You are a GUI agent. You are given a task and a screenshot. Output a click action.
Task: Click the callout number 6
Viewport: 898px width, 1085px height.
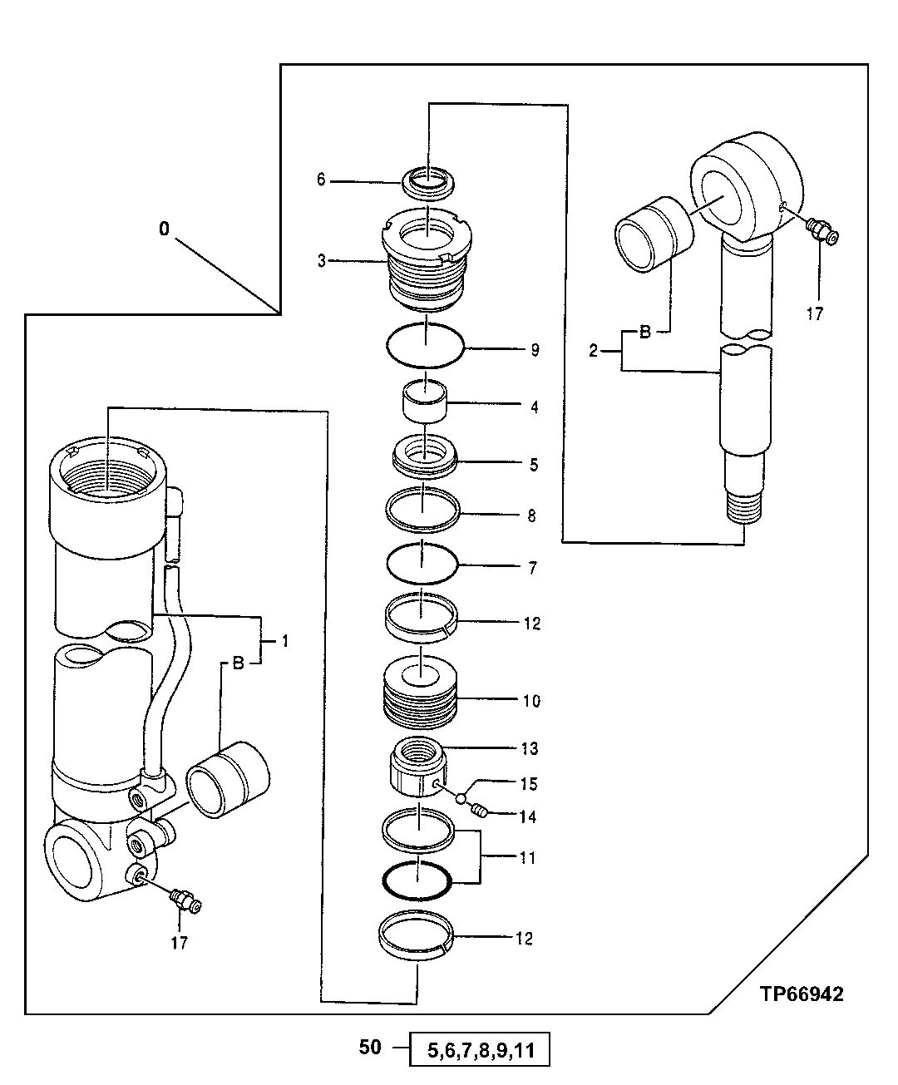(322, 180)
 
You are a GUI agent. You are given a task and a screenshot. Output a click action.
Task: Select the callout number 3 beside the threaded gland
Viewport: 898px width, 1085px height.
(322, 261)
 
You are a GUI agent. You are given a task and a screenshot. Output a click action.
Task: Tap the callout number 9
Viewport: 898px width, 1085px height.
(534, 350)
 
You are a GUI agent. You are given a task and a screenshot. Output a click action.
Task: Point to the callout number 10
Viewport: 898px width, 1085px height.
(530, 701)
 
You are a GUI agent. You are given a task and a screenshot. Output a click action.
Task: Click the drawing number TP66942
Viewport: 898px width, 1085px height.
(801, 994)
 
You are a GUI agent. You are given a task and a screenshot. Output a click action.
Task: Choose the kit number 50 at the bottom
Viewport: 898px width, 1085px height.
(370, 1047)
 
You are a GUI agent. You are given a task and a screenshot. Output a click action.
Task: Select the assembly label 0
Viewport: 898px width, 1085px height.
(164, 228)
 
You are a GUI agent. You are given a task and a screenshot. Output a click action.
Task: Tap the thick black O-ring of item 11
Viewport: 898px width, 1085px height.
(416, 880)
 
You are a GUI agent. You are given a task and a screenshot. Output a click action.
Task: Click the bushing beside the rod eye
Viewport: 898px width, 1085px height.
(653, 234)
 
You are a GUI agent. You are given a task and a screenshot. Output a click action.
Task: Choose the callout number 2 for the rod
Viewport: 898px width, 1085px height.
(593, 352)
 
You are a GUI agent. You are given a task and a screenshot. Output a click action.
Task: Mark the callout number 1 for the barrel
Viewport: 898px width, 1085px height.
(284, 641)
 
